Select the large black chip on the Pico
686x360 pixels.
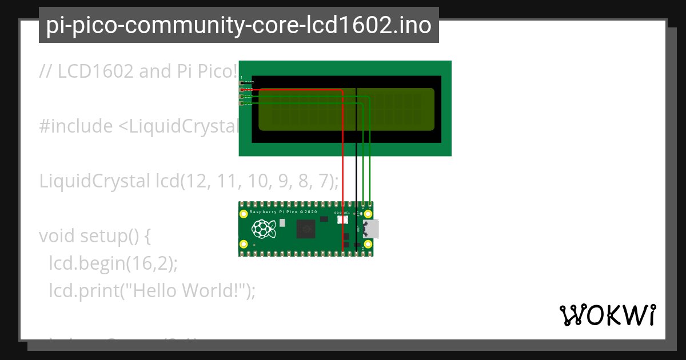click(x=306, y=229)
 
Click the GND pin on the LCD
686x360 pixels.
click(x=242, y=83)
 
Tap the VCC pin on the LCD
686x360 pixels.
click(x=242, y=90)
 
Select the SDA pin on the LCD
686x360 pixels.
click(x=242, y=97)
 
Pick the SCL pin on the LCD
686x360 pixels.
click(x=242, y=103)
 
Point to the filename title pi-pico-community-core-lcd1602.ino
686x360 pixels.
click(x=238, y=25)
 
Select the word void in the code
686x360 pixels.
click(x=57, y=236)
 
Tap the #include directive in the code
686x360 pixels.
click(x=76, y=126)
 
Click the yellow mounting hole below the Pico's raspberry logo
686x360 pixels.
click(x=244, y=244)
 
